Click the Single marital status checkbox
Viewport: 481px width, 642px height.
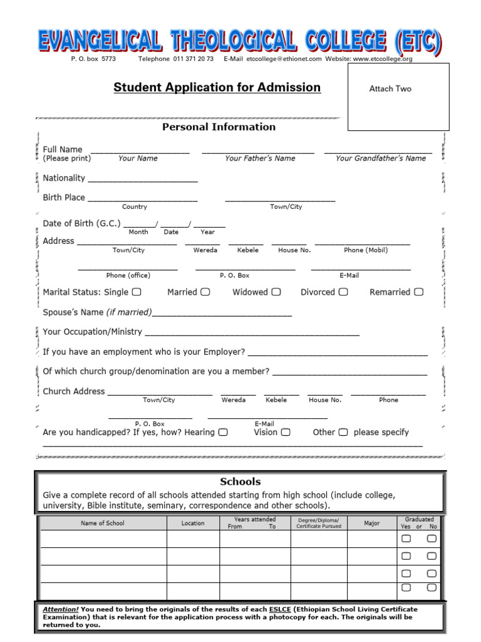(x=137, y=292)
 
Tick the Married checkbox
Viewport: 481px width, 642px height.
(x=205, y=292)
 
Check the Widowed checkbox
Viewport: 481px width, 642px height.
(x=276, y=292)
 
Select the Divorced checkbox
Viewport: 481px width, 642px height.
(x=343, y=292)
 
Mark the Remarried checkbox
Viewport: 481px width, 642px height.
(x=418, y=292)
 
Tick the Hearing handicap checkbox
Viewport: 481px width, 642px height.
(x=223, y=432)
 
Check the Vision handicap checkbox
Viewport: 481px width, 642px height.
(x=286, y=432)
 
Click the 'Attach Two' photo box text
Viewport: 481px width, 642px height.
(x=390, y=89)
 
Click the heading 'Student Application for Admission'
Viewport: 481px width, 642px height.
(x=217, y=88)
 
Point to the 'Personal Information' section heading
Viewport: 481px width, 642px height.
(x=219, y=127)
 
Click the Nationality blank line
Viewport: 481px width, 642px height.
(x=143, y=181)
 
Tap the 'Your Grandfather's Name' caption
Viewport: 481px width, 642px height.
(x=380, y=159)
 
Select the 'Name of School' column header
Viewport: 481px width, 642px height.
(x=103, y=523)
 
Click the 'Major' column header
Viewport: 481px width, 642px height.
(x=371, y=523)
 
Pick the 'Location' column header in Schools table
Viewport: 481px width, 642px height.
(x=193, y=523)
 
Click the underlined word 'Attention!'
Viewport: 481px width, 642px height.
(x=61, y=609)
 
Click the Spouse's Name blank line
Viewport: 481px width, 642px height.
(x=222, y=314)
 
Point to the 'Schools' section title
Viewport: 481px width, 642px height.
(x=240, y=481)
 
